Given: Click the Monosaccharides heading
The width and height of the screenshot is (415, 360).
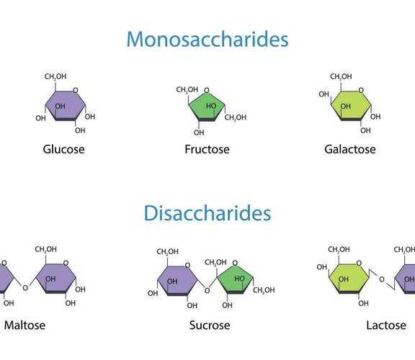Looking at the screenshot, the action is (207, 39).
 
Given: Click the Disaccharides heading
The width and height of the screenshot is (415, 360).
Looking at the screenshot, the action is (207, 213).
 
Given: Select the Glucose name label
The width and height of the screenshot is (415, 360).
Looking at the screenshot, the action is (64, 149).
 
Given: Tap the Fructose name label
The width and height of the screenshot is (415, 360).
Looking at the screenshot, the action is (207, 149).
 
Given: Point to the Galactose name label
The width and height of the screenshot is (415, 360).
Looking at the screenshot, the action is (350, 149).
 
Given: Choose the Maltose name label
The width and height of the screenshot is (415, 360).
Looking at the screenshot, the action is (24, 325).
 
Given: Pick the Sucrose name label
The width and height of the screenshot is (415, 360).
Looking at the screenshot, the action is (210, 325).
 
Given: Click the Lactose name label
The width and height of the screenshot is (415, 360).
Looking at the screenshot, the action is (386, 325).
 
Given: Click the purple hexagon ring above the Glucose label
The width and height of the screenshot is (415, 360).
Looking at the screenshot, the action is (66, 106).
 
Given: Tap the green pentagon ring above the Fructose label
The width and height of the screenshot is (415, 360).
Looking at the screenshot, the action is (207, 107).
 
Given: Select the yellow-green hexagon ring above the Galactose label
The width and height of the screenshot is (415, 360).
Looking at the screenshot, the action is (351, 106).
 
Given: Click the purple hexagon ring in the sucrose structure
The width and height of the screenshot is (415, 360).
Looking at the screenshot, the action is (177, 281).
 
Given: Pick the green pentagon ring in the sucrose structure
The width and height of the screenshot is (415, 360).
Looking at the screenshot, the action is (235, 280).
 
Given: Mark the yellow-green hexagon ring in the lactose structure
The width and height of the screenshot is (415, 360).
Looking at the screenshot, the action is (349, 279).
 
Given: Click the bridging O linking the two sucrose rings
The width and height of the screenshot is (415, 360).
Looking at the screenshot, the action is (207, 291).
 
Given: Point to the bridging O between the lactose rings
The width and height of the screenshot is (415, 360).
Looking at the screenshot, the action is (382, 279).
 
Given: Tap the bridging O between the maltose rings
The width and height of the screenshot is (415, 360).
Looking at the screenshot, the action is (25, 288).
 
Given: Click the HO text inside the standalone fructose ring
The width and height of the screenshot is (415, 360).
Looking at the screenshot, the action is (211, 106).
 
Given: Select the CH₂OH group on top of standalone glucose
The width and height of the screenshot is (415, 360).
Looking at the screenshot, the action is (55, 76).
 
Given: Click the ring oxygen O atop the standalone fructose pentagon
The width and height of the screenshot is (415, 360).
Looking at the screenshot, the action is (207, 91).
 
